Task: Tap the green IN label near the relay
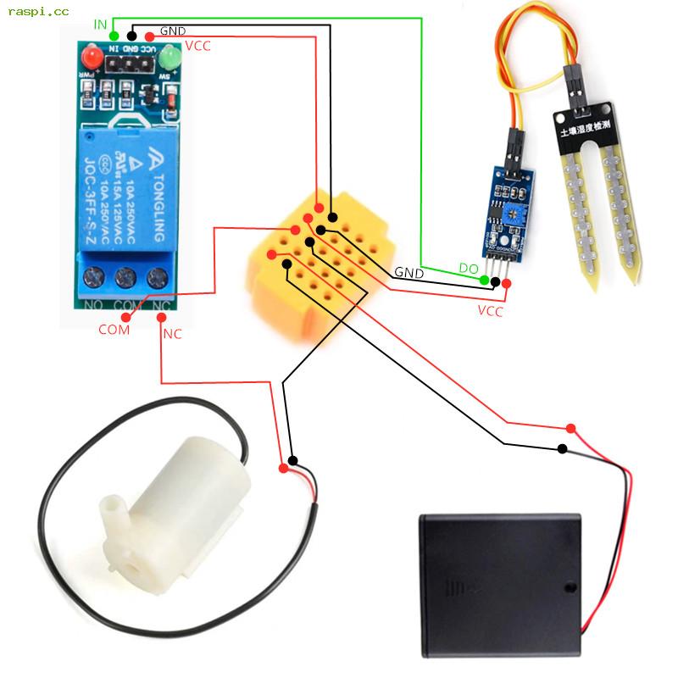[x=100, y=25]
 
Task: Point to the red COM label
[x=114, y=329]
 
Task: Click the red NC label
[x=172, y=334]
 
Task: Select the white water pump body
[x=182, y=492]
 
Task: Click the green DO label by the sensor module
[x=469, y=269]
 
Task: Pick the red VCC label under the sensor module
[x=490, y=311]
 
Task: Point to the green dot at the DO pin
[x=485, y=280]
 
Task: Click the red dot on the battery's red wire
[x=570, y=428]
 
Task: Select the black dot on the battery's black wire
[x=563, y=449]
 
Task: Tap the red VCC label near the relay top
[x=197, y=46]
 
